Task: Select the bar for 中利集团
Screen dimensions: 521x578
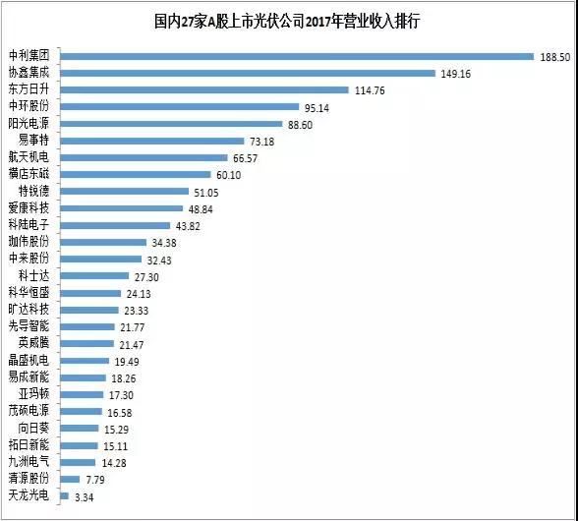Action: [296, 56]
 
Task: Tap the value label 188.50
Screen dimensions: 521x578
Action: [554, 56]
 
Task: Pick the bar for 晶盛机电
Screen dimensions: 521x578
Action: [85, 360]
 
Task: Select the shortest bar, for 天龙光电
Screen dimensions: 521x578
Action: [64, 495]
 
